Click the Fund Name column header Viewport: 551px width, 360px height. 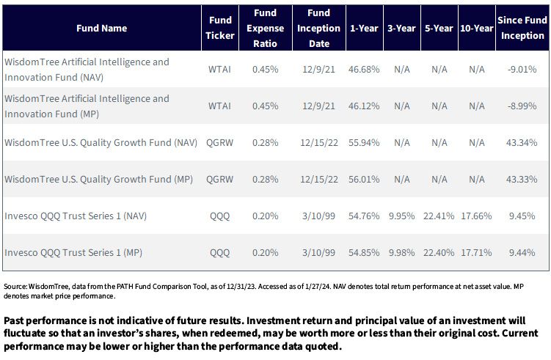(x=101, y=28)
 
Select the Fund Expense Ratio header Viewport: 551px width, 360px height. (x=266, y=28)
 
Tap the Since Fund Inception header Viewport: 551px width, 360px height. (x=522, y=28)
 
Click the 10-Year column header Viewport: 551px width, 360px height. (x=476, y=28)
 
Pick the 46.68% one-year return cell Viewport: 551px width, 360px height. (x=364, y=69)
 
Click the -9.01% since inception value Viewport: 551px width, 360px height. (x=522, y=69)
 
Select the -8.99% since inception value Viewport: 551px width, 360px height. (x=522, y=106)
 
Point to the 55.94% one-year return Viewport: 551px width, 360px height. (x=364, y=142)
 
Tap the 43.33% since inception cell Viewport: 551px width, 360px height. (x=522, y=179)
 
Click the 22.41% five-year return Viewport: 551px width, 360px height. (x=439, y=216)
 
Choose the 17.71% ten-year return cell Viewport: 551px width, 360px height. (x=476, y=252)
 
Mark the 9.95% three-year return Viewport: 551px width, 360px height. (x=401, y=216)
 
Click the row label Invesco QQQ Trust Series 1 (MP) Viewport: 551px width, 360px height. (x=73, y=252)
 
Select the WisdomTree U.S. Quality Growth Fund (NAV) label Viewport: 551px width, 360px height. (x=101, y=142)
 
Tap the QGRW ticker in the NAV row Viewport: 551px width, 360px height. (x=219, y=142)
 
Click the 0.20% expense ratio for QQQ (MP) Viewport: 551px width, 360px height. (x=266, y=252)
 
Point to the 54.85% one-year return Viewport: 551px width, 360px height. (x=364, y=252)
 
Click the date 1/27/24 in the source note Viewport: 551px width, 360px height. (x=318, y=286)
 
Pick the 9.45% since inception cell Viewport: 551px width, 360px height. (x=522, y=216)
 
